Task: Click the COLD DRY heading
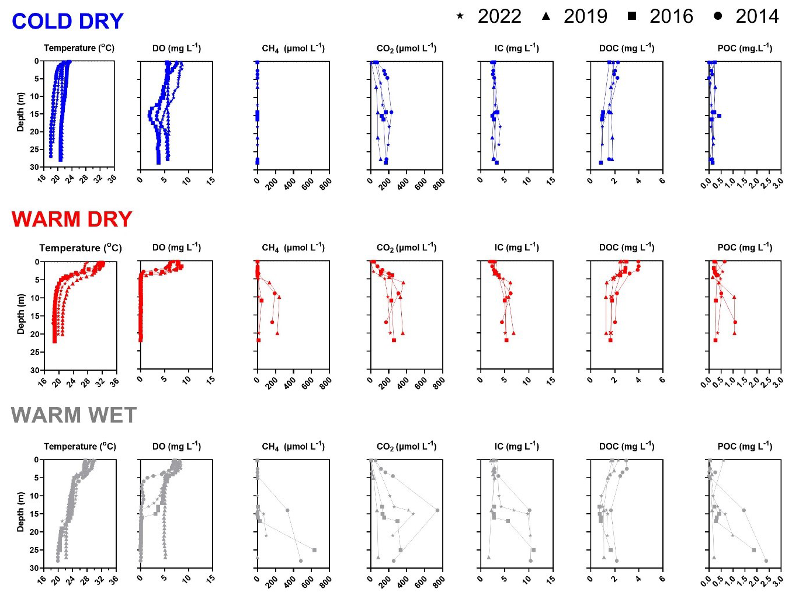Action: (x=68, y=22)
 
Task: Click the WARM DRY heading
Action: (x=72, y=220)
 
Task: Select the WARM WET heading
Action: (x=74, y=415)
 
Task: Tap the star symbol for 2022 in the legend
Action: (x=460, y=16)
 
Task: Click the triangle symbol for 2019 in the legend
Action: (x=546, y=16)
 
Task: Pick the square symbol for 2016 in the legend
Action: (x=631, y=16)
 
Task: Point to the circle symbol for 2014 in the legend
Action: (x=717, y=16)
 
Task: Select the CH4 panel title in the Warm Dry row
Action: (x=293, y=248)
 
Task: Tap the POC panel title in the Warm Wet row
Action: (x=745, y=447)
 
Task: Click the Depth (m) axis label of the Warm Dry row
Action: (x=21, y=314)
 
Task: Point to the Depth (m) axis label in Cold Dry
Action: (x=21, y=113)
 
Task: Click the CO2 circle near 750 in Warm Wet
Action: (x=437, y=510)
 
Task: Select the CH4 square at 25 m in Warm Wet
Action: (x=314, y=550)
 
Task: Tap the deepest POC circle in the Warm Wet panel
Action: (x=766, y=561)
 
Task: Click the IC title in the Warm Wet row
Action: (x=516, y=447)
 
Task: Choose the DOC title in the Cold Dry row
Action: (x=627, y=48)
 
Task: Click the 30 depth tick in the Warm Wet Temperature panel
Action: (x=34, y=568)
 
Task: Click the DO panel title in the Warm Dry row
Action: (x=176, y=248)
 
